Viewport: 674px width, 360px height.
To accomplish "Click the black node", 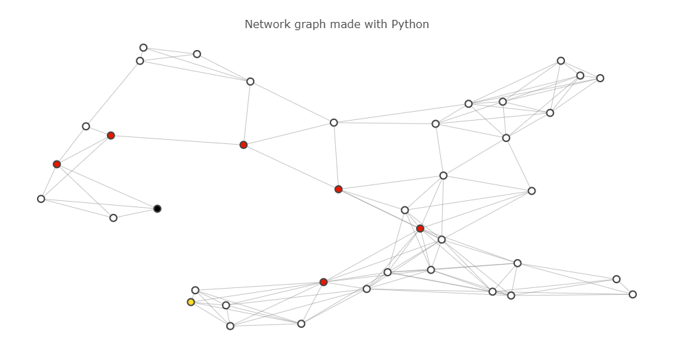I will (x=157, y=208).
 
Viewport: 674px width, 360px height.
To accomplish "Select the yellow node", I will (x=191, y=302).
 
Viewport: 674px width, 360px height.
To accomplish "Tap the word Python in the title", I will (x=410, y=25).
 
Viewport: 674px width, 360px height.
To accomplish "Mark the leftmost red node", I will (x=57, y=164).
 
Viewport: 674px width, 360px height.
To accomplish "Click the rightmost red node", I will (x=420, y=228).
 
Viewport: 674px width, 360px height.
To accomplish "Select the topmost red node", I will (x=110, y=136).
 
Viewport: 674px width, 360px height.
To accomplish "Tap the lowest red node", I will (x=324, y=282).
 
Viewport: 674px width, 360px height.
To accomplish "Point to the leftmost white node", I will (x=41, y=199).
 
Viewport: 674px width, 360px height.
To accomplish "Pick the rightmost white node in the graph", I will (x=633, y=294).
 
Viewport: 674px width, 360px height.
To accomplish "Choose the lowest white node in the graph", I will (x=230, y=326).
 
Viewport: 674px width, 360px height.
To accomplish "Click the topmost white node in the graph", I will (x=143, y=48).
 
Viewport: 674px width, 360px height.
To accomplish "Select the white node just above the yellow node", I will (x=195, y=290).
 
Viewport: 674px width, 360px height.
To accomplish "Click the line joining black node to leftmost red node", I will (x=107, y=187).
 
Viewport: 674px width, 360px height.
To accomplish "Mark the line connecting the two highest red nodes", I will (x=177, y=141).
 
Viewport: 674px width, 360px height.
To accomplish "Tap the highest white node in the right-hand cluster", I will (x=561, y=61).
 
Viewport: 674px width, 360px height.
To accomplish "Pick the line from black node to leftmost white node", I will (x=99, y=204).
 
